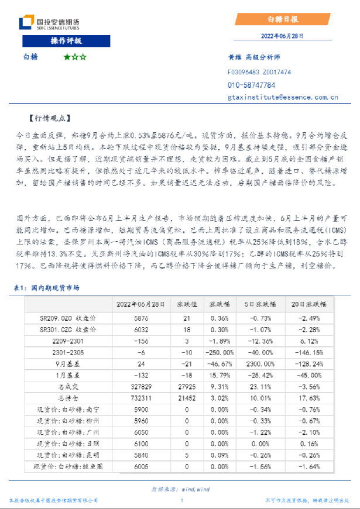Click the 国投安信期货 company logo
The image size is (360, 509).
pyautogui.click(x=49, y=23)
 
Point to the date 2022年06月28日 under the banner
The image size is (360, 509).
pyautogui.click(x=282, y=36)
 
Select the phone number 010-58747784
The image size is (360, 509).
pyautogui.click(x=251, y=85)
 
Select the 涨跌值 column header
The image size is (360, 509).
pyautogui.click(x=187, y=305)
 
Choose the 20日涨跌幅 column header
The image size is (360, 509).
pyautogui.click(x=310, y=305)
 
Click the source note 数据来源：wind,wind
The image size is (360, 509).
pyautogui.click(x=180, y=489)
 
